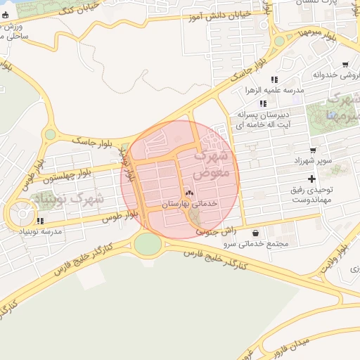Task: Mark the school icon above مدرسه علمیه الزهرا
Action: click(274, 79)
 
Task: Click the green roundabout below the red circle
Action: click(148, 243)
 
